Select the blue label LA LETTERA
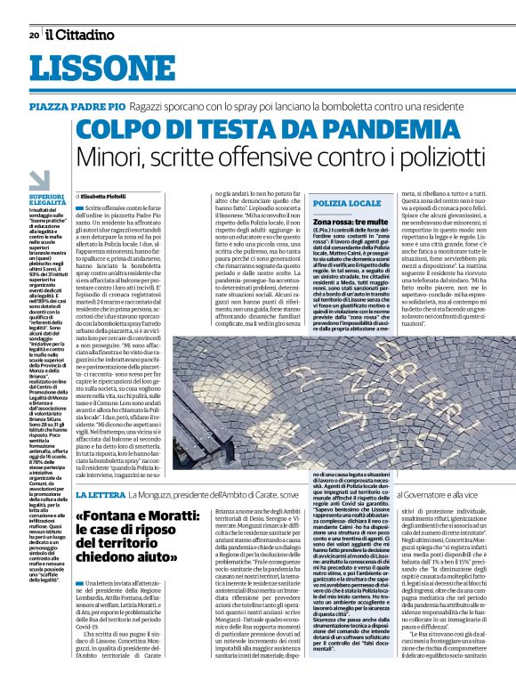point(105,494)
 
